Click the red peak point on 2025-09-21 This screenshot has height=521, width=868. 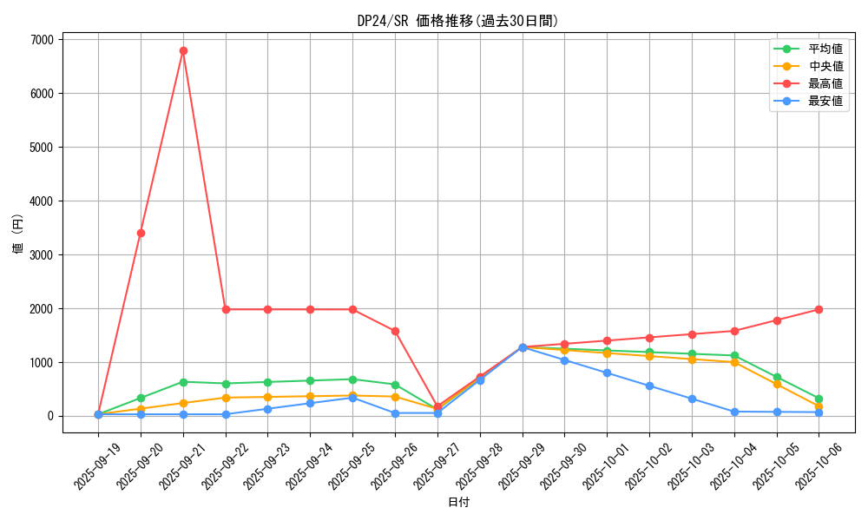(x=183, y=50)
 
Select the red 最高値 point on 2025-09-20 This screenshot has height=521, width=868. (x=141, y=233)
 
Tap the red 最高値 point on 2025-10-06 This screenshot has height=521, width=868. (x=819, y=309)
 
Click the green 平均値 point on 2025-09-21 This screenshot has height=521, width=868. (x=183, y=382)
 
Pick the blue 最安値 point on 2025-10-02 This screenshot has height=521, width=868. (x=649, y=386)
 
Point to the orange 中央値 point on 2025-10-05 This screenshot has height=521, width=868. (x=777, y=384)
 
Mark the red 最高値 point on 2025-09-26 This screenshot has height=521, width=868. (x=395, y=331)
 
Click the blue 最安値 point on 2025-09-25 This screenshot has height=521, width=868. (x=352, y=398)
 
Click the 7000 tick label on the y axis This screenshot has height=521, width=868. (x=42, y=40)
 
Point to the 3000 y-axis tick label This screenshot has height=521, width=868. (x=42, y=255)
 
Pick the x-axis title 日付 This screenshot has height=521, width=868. (x=458, y=503)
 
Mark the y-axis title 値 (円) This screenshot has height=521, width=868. (x=18, y=234)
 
